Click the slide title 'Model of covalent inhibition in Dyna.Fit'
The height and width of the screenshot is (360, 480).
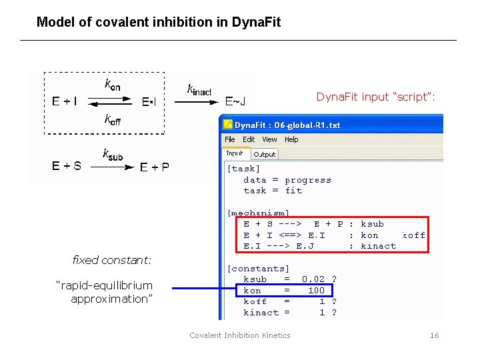tap(159, 22)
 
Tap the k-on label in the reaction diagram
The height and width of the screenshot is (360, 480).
tap(113, 85)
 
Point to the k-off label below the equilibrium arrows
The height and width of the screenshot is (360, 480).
tap(113, 120)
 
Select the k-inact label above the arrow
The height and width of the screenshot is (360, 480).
tap(199, 89)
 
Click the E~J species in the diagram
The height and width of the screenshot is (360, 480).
tap(235, 102)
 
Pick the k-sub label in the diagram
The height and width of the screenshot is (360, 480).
tap(112, 155)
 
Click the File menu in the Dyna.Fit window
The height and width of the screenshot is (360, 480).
tap(230, 139)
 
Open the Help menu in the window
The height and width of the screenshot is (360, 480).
tap(291, 139)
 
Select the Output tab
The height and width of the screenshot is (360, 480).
tap(265, 154)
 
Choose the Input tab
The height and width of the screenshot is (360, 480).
tap(235, 153)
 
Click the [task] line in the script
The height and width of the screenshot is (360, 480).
tap(244, 169)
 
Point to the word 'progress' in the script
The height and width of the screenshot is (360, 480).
tap(308, 180)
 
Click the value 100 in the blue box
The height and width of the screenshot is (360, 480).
tap(316, 291)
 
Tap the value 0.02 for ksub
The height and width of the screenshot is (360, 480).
tap(313, 279)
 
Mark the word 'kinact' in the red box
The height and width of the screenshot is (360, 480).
tap(378, 246)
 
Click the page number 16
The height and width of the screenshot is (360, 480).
tap(435, 335)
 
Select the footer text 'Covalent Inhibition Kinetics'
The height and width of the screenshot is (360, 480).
tap(240, 335)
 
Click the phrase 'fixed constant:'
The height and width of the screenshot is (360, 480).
tap(112, 259)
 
